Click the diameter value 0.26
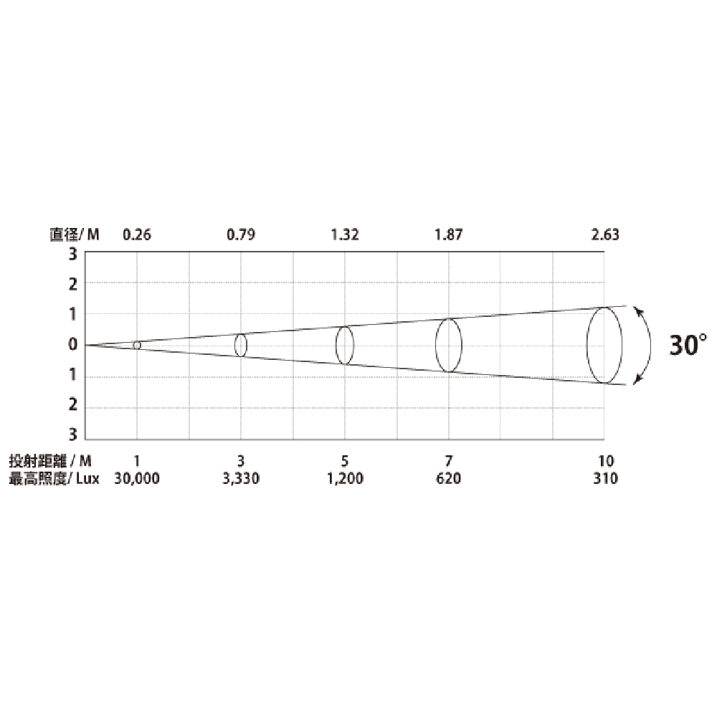pos(137,234)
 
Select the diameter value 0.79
pos(241,234)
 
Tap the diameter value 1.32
pos(345,234)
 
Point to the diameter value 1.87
pos(449,234)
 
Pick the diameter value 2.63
pos(605,234)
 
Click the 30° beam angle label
pos(688,345)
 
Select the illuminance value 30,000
pos(137,478)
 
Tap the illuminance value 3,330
pos(241,478)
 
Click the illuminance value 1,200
pos(345,478)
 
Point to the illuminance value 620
pos(449,478)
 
